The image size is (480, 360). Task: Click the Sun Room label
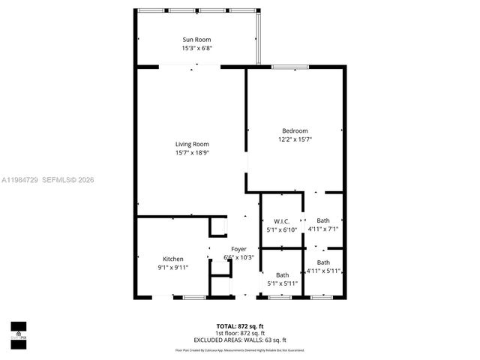[x=197, y=39]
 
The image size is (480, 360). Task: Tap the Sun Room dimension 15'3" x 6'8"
[x=197, y=48]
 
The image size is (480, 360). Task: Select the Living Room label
[x=192, y=144]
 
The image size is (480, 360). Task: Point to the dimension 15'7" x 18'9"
[x=192, y=153]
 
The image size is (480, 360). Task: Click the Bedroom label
[x=295, y=130]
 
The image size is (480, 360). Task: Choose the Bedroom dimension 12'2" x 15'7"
[x=295, y=139]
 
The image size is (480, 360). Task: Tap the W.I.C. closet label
[x=282, y=220]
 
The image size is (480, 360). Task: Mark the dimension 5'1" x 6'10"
[x=282, y=229]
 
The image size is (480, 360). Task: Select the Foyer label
[x=238, y=249]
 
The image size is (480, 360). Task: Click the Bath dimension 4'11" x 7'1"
[x=323, y=229]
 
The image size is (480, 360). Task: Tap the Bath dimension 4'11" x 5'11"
[x=323, y=271]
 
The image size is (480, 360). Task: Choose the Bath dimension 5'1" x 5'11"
[x=282, y=283]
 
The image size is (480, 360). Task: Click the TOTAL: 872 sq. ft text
[x=240, y=325]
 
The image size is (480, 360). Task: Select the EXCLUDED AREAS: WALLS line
[x=240, y=340]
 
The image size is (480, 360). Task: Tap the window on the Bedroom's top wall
[x=285, y=67]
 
